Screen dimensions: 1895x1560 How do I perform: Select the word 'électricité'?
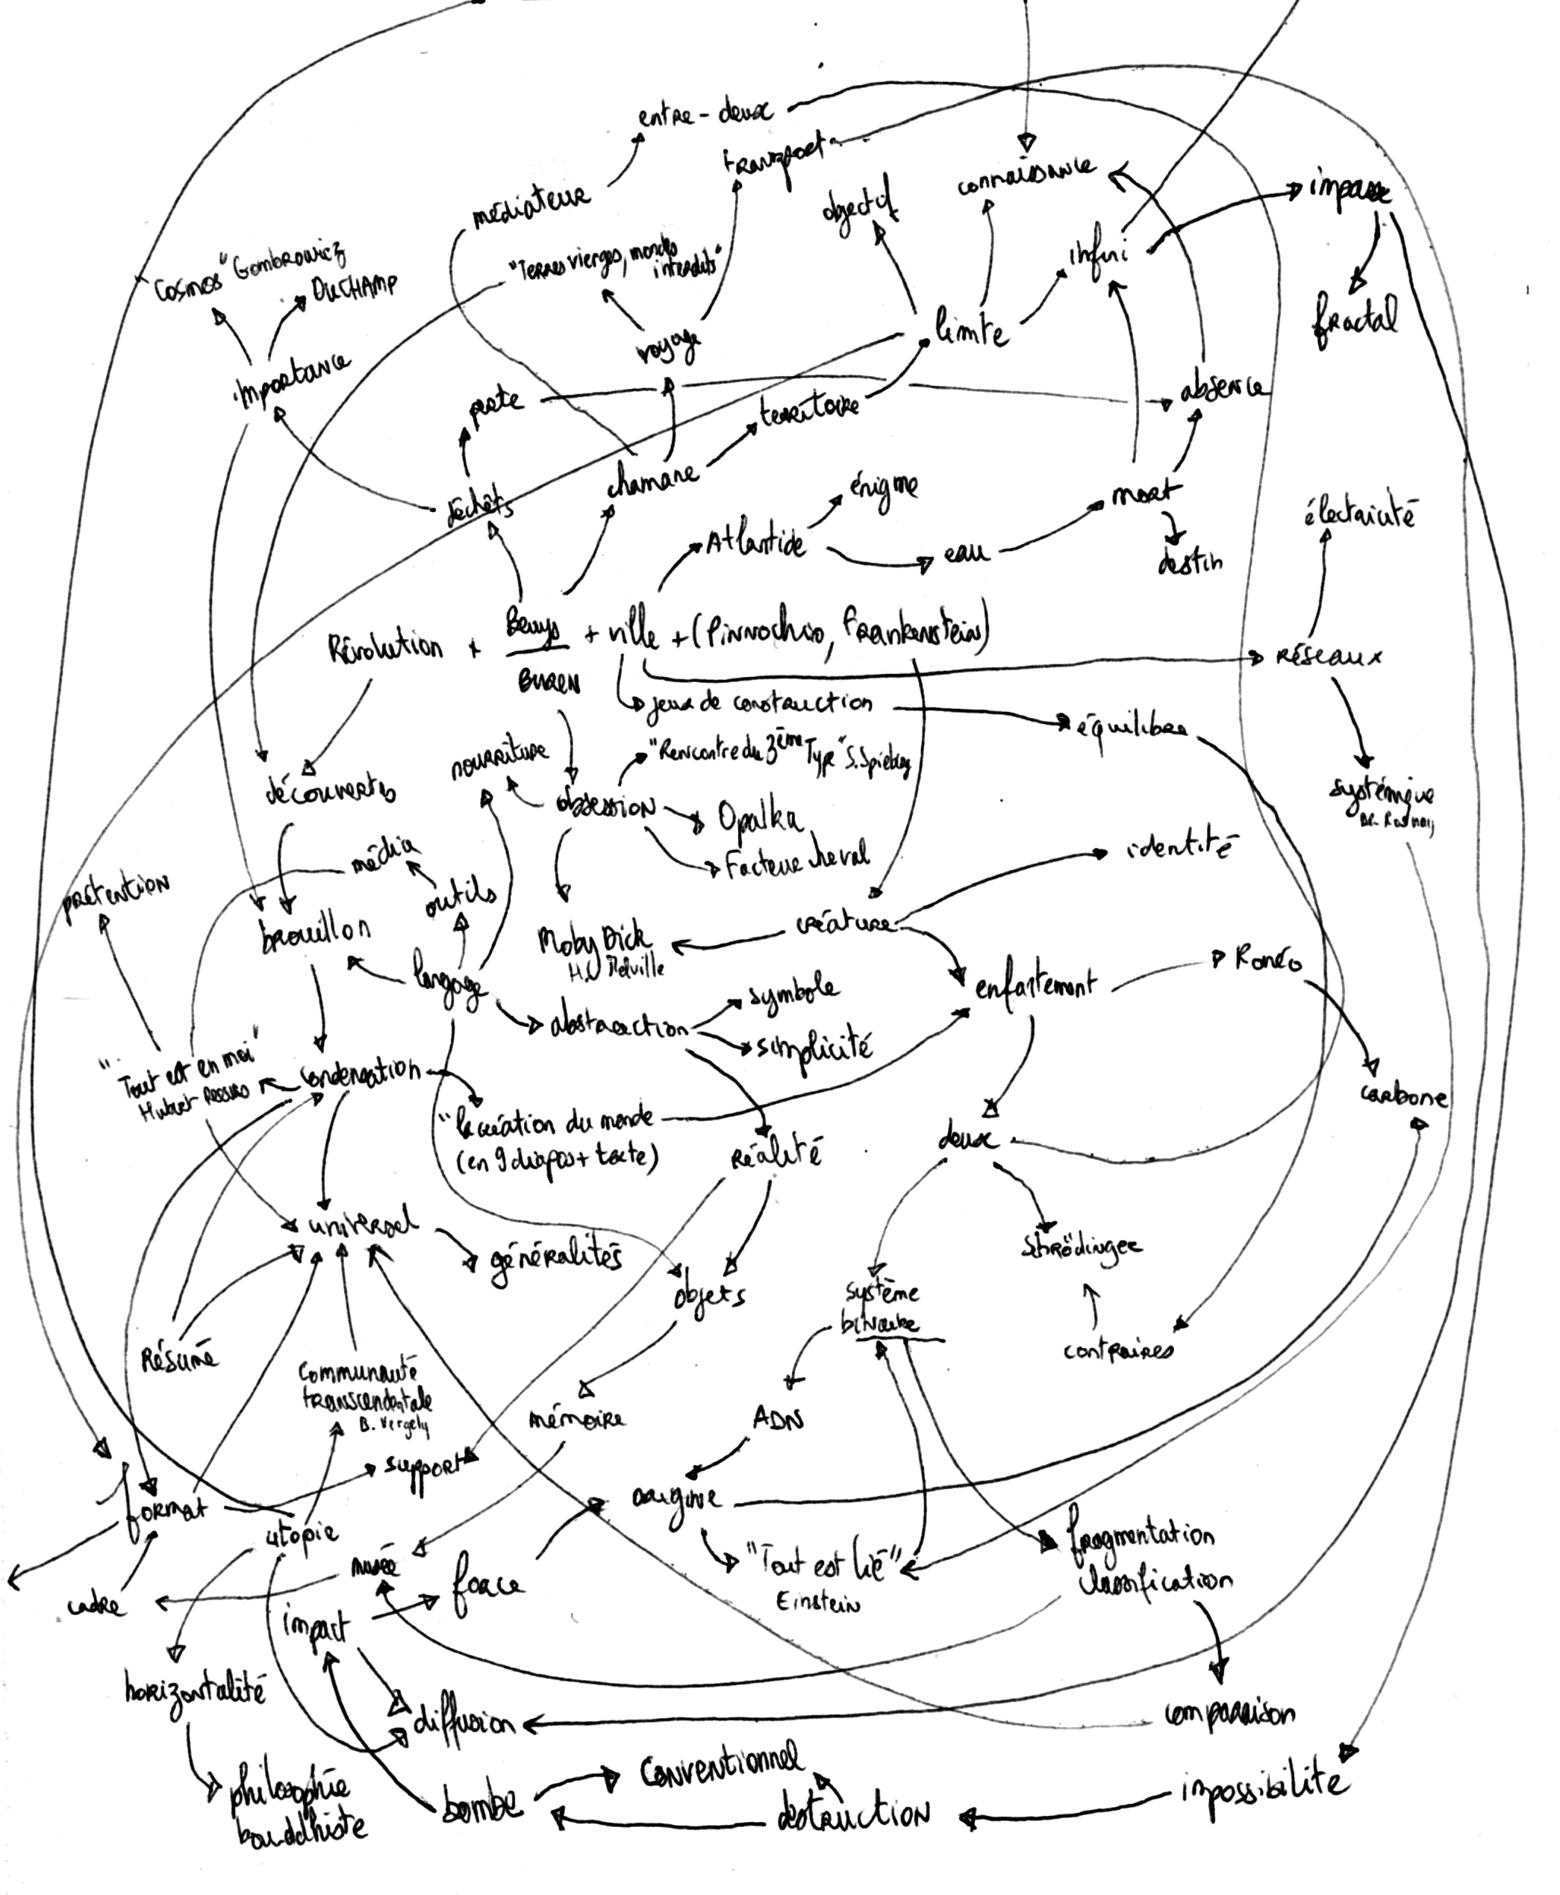pyautogui.click(x=1358, y=516)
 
